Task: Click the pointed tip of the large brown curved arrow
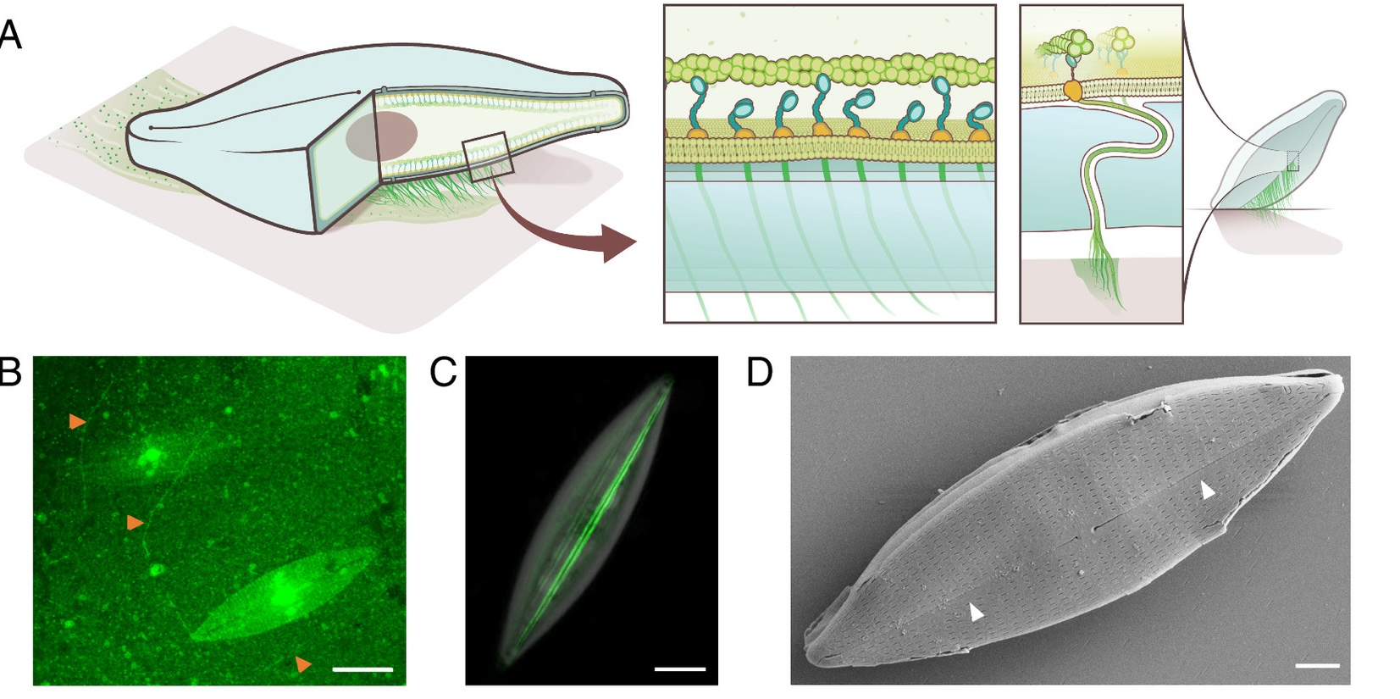(636, 242)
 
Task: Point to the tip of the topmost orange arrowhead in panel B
(86, 423)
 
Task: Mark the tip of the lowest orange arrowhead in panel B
(312, 664)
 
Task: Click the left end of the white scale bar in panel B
(333, 669)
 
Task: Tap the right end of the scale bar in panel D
(1339, 666)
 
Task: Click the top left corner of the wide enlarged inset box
(664, 5)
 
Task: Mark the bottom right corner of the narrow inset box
(1183, 323)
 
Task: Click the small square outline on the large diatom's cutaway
(488, 157)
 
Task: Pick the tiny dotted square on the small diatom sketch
(1292, 161)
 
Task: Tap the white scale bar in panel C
(680, 669)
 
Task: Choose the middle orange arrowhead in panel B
(135, 522)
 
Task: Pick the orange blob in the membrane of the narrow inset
(1072, 91)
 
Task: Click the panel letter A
(10, 35)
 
